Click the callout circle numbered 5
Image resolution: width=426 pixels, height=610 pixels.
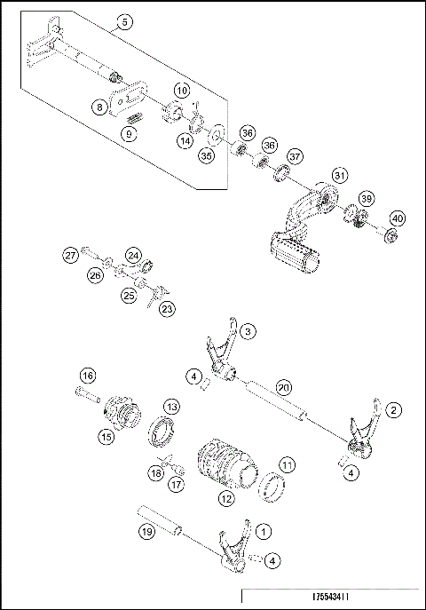click(x=124, y=21)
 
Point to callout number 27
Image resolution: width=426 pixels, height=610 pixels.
click(x=70, y=255)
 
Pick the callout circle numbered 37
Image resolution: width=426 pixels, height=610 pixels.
click(x=295, y=155)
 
